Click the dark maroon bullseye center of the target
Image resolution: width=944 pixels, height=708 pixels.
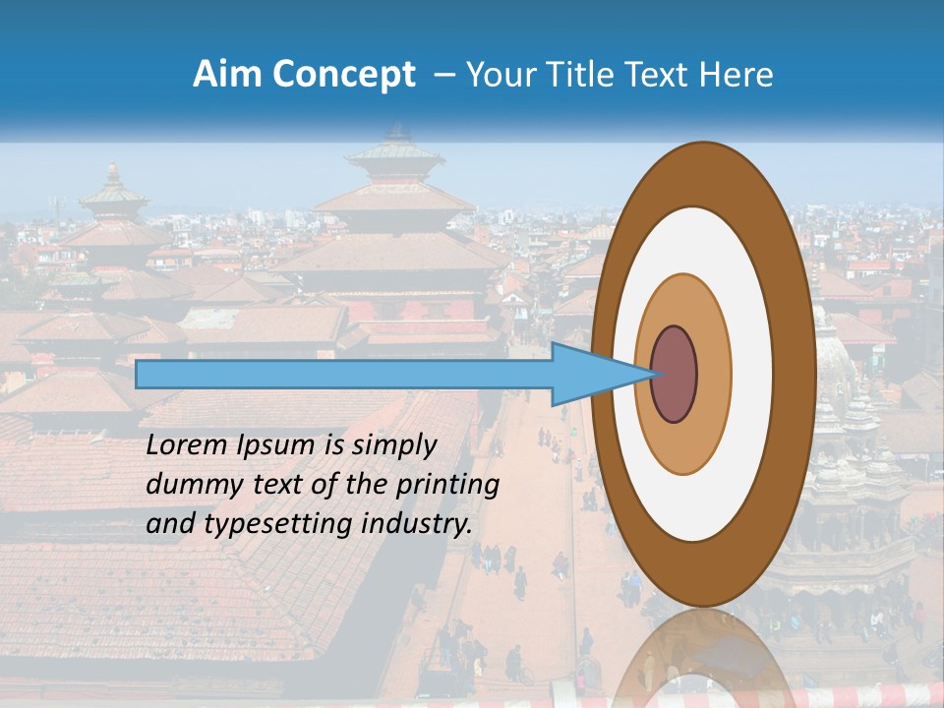point(675,374)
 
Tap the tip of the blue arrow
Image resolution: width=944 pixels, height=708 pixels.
point(652,374)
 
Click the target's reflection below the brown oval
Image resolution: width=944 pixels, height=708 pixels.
point(700,659)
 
